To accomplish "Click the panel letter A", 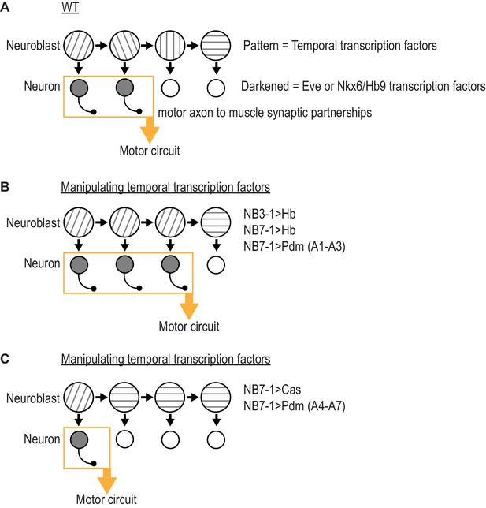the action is [x=5, y=7].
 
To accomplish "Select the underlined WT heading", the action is [x=70, y=7].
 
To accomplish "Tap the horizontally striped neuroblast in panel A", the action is [x=216, y=46].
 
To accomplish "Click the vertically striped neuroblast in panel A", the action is [x=170, y=46].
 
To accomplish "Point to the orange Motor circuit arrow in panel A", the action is [x=150, y=129].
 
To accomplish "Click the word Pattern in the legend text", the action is [x=261, y=46].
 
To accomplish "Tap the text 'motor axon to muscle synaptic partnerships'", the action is [x=265, y=113].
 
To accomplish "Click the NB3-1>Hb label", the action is [x=269, y=214].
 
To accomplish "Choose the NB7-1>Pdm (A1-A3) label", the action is [x=295, y=246].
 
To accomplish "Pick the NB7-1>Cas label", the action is [x=272, y=390].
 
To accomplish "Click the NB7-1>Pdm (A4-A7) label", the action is [x=295, y=405].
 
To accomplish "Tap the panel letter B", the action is [x=5, y=187].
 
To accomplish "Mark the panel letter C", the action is [x=5, y=359].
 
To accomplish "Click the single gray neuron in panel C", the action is [x=79, y=439].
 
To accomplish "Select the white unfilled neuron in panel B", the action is [x=216, y=265].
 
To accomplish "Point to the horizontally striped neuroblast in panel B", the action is [x=216, y=222].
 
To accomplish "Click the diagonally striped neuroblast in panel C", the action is [x=79, y=398].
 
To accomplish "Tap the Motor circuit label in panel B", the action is [x=189, y=327].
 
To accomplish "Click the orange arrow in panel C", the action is [x=107, y=481].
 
